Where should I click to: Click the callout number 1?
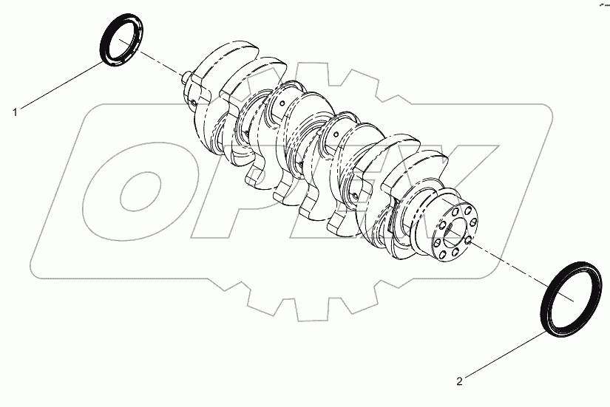click(x=14, y=112)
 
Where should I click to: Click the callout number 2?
click(x=459, y=381)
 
